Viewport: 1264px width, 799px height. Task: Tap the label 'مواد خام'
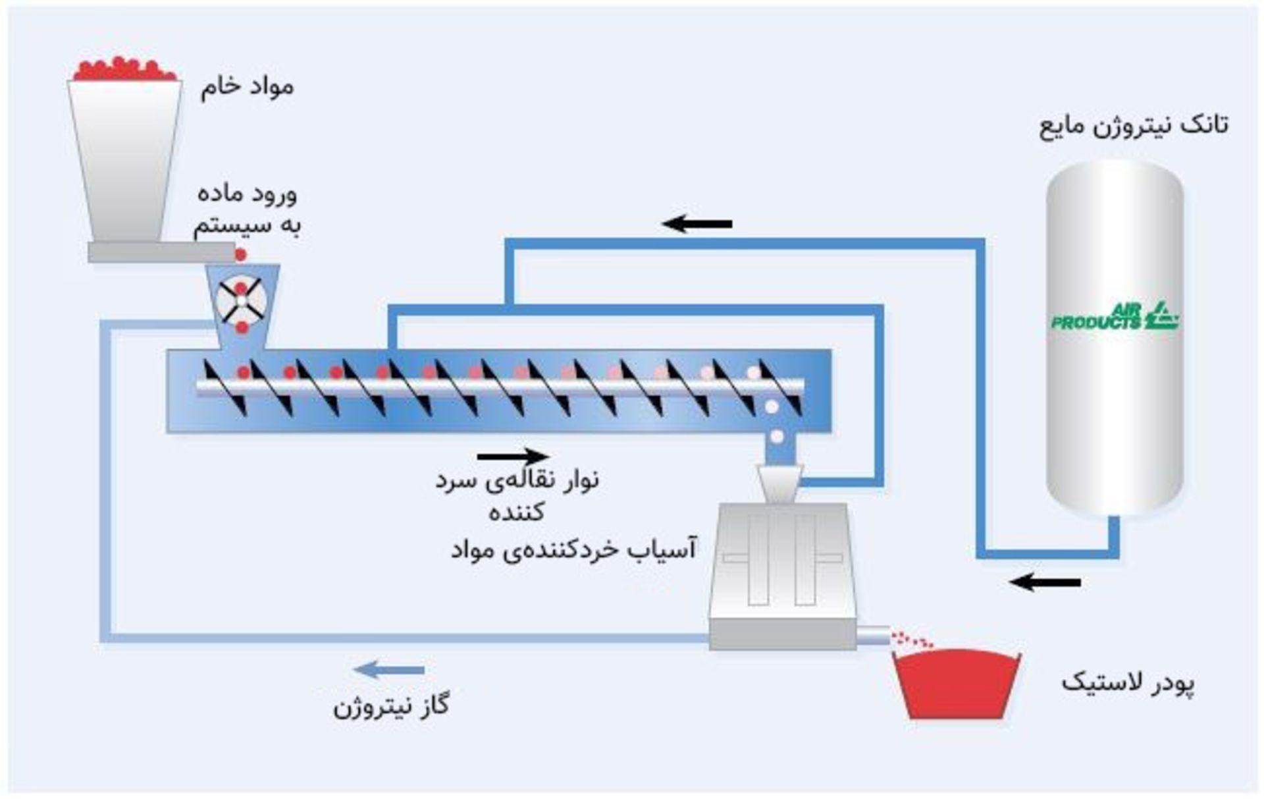[x=247, y=87]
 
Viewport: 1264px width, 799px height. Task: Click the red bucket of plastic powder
[x=956, y=685]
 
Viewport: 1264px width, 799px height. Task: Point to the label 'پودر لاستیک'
[x=1128, y=683]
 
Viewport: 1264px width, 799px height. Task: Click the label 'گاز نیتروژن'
[x=391, y=707]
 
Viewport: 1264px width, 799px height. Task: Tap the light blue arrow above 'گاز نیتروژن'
[x=388, y=670]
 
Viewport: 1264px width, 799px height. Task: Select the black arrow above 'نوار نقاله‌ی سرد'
[x=513, y=456]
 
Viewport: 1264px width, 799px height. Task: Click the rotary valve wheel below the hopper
[x=242, y=301]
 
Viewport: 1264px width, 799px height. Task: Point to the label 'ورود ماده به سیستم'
[x=248, y=209]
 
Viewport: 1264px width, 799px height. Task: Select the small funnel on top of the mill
[x=779, y=484]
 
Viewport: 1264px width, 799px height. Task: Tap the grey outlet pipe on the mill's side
[x=872, y=635]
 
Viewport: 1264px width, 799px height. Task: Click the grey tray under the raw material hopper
[x=161, y=252]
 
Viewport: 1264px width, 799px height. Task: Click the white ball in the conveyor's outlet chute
[x=777, y=436]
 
